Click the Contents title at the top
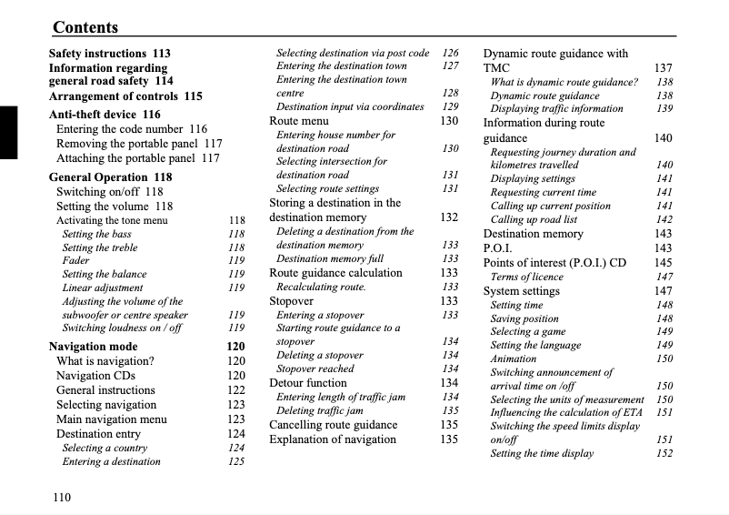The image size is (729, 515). (85, 27)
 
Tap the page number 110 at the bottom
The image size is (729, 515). (61, 497)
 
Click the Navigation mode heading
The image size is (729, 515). (93, 347)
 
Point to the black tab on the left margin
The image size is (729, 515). (8, 132)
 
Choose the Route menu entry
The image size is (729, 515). (299, 121)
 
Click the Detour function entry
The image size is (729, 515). (308, 383)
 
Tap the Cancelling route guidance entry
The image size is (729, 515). (333, 425)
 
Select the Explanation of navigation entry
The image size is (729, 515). (333, 439)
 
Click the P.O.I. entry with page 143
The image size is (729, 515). (498, 248)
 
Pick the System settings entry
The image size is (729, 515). (521, 292)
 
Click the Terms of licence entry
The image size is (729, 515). (527, 278)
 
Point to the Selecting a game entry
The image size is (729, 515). (528, 332)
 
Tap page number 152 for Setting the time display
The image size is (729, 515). (664, 454)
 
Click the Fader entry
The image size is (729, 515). (75, 260)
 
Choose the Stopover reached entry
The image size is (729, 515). (315, 369)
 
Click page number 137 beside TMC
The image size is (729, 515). (664, 68)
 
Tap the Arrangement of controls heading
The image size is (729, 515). (125, 96)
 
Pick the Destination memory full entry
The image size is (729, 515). (330, 259)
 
